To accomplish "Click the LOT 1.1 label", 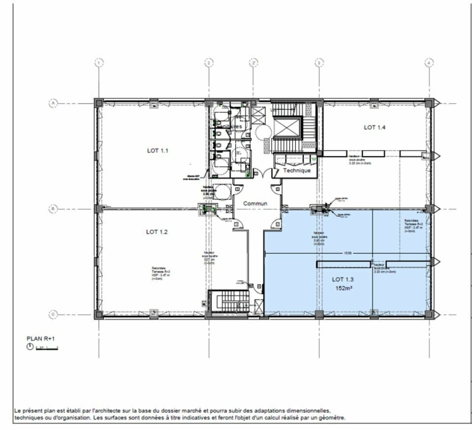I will pyautogui.click(x=158, y=151).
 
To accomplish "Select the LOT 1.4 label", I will pyautogui.click(x=374, y=128).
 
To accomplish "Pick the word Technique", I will pyautogui.click(x=297, y=170).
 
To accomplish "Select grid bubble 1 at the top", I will pyautogui.click(x=99, y=62).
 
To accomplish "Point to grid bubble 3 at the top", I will pyautogui.click(x=319, y=62).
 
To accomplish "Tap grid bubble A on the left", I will pyautogui.click(x=53, y=103).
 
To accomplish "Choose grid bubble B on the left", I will pyautogui.click(x=53, y=209).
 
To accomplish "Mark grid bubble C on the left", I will pyautogui.click(x=53, y=314).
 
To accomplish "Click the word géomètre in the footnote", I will pyautogui.click(x=330, y=417).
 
